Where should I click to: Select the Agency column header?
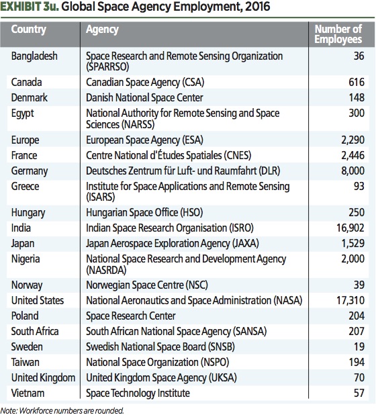(103, 30)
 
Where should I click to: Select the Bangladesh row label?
(35, 56)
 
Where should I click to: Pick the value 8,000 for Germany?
(350, 171)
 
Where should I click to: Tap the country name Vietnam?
(29, 393)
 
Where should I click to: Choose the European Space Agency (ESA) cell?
(144, 140)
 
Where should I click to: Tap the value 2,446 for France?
(350, 155)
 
